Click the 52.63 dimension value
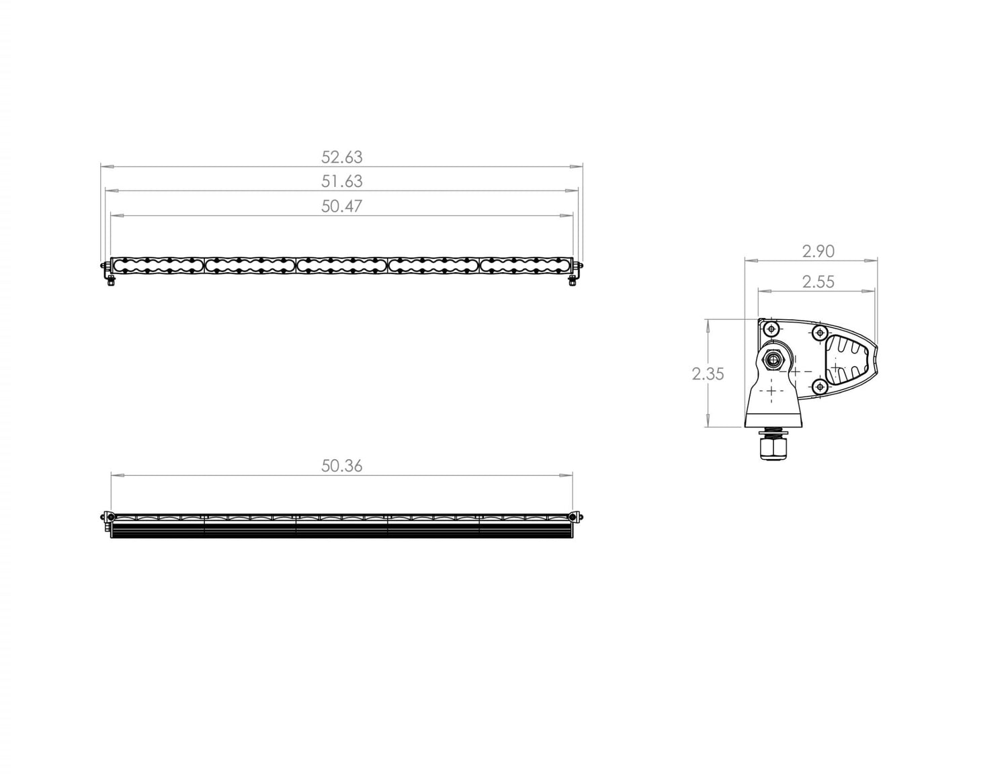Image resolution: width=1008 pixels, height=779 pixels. click(341, 157)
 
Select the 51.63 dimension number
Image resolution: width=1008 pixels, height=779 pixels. click(341, 181)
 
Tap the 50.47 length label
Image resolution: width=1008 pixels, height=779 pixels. click(341, 206)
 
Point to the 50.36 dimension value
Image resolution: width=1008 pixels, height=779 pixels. click(341, 466)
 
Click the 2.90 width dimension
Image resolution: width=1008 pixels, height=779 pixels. click(818, 251)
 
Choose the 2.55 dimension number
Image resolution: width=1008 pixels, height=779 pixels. click(818, 282)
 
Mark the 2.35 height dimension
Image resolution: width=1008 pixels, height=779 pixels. click(708, 374)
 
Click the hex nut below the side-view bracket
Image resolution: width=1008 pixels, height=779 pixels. click(773, 446)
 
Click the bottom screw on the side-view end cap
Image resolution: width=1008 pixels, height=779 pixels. click(820, 386)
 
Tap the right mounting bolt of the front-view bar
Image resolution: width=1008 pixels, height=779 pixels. click(572, 278)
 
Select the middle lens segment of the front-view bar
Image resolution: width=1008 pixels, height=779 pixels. click(342, 265)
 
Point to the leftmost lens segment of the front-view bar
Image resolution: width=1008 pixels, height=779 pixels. click(157, 265)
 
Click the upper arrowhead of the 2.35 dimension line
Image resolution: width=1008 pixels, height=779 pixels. click(708, 323)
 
